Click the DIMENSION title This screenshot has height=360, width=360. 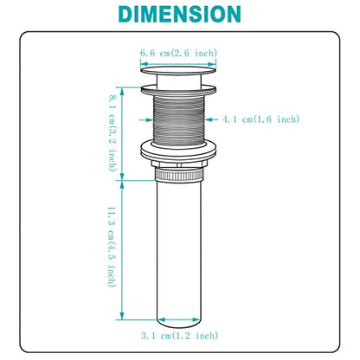(x=179, y=14)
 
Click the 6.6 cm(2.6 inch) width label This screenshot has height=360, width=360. (x=178, y=54)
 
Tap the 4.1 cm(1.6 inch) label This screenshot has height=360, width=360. (x=260, y=119)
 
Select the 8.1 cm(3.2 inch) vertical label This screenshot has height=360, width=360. (x=112, y=133)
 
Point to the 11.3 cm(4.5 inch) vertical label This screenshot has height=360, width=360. (x=112, y=247)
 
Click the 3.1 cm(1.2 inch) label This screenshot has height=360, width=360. (x=179, y=336)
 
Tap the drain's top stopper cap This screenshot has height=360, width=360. (x=178, y=70)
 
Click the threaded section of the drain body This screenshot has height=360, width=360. (x=179, y=119)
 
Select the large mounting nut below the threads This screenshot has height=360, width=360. (x=178, y=150)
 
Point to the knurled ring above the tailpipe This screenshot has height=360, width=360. (x=179, y=175)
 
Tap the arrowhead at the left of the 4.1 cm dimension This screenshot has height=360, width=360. (x=149, y=119)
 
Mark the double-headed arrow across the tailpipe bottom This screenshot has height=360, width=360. (x=179, y=320)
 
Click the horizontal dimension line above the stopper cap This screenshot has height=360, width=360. (x=178, y=64)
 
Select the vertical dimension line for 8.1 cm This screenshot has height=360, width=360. (x=122, y=133)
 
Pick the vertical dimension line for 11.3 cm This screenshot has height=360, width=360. (x=122, y=250)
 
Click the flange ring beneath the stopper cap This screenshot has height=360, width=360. (x=178, y=89)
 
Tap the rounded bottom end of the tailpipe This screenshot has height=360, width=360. (x=179, y=324)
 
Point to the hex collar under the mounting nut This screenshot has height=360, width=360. (x=179, y=164)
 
